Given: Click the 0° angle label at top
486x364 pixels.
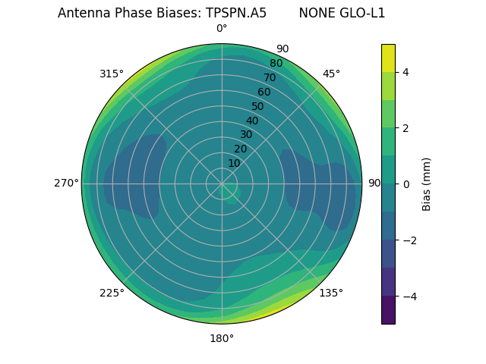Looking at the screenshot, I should click(222, 29).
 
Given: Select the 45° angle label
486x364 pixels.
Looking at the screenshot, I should click(331, 74).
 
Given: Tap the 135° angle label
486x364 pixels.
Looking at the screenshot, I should click(331, 293).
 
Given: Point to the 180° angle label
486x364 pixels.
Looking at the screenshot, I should click(222, 338).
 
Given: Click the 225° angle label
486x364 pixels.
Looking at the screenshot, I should click(112, 293).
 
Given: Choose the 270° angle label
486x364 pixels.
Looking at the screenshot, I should click(66, 183).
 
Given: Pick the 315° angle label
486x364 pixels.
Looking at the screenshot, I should click(112, 74).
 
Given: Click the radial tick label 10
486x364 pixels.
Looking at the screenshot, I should click(234, 163).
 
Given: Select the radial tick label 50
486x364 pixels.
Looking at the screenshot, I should click(257, 107).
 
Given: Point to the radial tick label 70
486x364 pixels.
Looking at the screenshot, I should click(270, 78).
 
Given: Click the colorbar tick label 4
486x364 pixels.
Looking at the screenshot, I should click(406, 72).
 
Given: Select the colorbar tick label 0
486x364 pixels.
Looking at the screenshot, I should click(406, 184).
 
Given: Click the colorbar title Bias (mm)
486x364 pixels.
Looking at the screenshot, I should click(427, 184).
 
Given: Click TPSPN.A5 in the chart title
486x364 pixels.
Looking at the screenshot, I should click(236, 13).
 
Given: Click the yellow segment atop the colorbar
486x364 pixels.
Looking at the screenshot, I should click(388, 58).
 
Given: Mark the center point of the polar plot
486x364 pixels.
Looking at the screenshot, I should click(222, 184).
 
